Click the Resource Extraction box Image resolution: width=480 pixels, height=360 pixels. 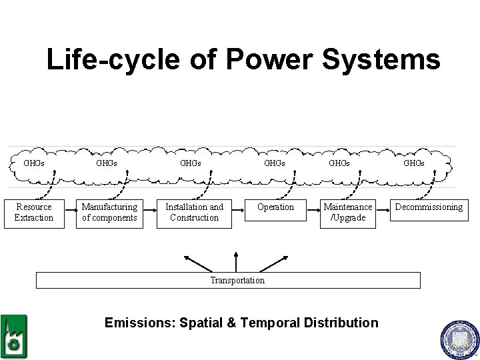34,213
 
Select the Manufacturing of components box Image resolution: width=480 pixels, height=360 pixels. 109,213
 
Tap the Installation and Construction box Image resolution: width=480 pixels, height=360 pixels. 194,213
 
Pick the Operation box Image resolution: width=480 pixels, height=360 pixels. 275,208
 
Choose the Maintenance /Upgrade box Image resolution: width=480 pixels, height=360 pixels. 348,213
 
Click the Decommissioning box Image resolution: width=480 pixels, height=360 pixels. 429,208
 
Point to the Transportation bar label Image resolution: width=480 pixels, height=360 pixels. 237,281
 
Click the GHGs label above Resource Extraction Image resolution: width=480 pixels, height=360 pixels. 34,163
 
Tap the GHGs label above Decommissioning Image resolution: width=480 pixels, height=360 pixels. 414,163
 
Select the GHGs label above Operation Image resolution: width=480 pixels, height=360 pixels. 275,163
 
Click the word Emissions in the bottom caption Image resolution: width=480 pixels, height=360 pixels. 138,323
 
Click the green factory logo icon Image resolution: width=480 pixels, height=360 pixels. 13,337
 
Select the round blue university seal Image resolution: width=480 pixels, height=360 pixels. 459,340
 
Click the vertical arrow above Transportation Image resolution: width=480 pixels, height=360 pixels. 236,262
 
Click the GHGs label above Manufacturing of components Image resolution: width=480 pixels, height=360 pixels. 107,163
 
